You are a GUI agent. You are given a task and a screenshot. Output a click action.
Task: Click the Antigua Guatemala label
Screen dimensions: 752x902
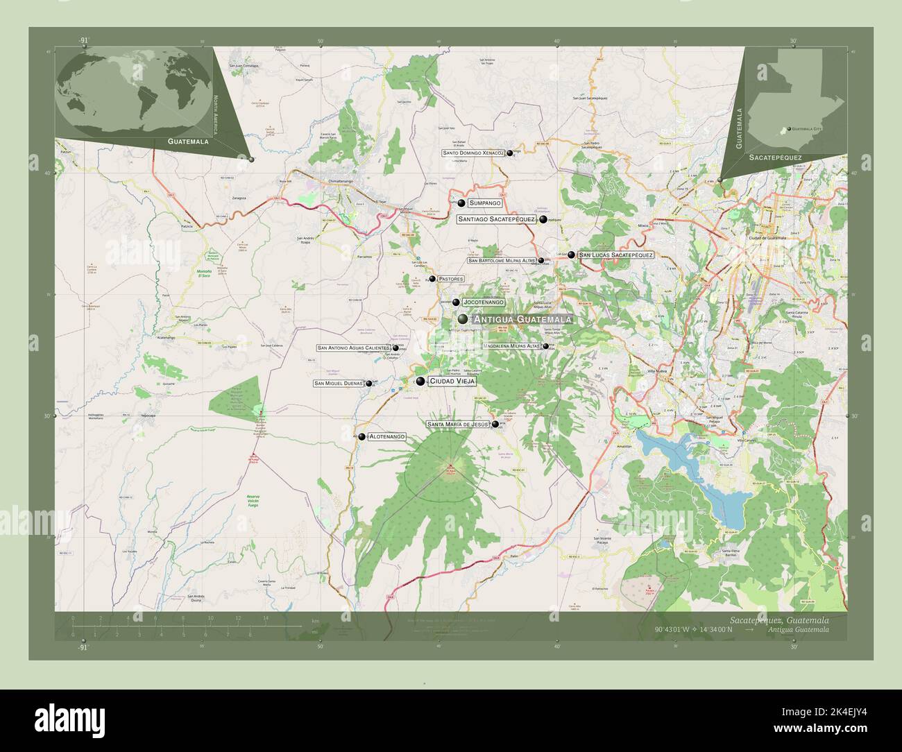(x=522, y=319)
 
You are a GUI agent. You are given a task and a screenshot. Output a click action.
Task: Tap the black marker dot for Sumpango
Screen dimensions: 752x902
(x=461, y=203)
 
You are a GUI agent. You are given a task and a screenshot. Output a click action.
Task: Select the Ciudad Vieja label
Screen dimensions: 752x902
(x=452, y=381)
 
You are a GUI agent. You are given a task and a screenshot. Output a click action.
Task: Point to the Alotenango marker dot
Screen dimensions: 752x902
(x=361, y=436)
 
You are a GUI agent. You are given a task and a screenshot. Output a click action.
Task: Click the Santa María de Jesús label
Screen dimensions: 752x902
(x=458, y=424)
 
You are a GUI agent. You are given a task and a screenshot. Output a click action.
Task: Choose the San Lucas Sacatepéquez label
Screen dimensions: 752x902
(x=615, y=255)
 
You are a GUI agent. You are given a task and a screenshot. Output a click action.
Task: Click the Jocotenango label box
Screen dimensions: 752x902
(x=483, y=302)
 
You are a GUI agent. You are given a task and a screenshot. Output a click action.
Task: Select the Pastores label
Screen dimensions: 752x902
(x=450, y=279)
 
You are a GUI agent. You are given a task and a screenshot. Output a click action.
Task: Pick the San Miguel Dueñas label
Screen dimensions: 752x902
(x=339, y=384)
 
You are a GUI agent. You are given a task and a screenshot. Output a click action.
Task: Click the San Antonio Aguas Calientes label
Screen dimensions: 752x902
(x=353, y=348)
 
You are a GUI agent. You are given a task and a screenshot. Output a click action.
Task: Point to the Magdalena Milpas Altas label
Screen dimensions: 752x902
(x=512, y=345)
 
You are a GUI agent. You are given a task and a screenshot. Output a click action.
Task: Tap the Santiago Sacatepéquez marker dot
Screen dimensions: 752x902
(x=543, y=219)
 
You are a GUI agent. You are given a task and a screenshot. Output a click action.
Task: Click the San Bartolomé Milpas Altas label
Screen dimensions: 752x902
(x=502, y=261)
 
